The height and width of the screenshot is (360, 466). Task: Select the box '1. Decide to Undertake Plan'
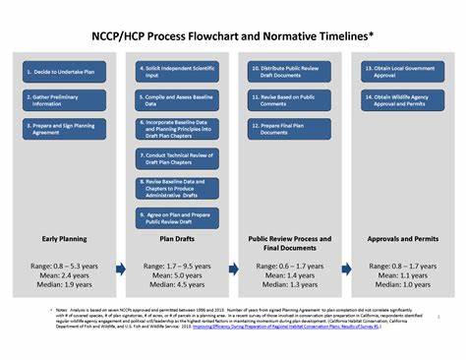coord(64,73)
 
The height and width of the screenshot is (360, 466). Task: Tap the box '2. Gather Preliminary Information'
coord(64,100)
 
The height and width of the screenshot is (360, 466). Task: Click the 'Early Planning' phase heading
coord(64,239)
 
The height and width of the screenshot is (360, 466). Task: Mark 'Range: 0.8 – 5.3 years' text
coord(64,266)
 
